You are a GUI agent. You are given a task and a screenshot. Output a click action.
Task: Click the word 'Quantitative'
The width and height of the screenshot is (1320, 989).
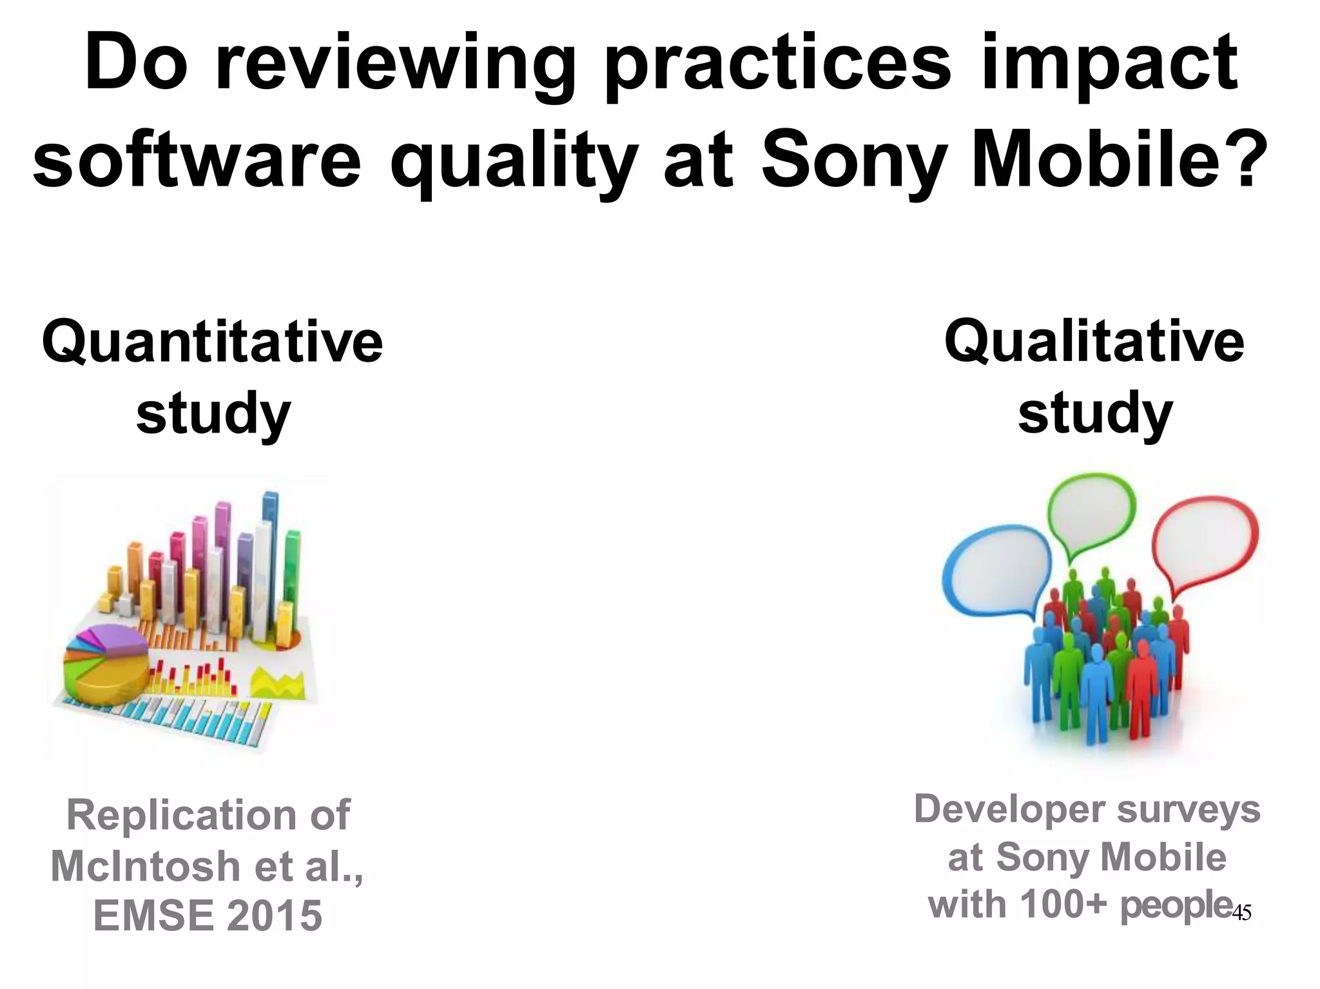(x=213, y=342)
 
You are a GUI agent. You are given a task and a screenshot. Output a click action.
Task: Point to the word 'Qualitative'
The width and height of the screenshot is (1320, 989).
(x=1094, y=342)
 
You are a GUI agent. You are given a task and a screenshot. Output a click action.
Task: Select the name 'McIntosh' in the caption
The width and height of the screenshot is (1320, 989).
(x=145, y=866)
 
